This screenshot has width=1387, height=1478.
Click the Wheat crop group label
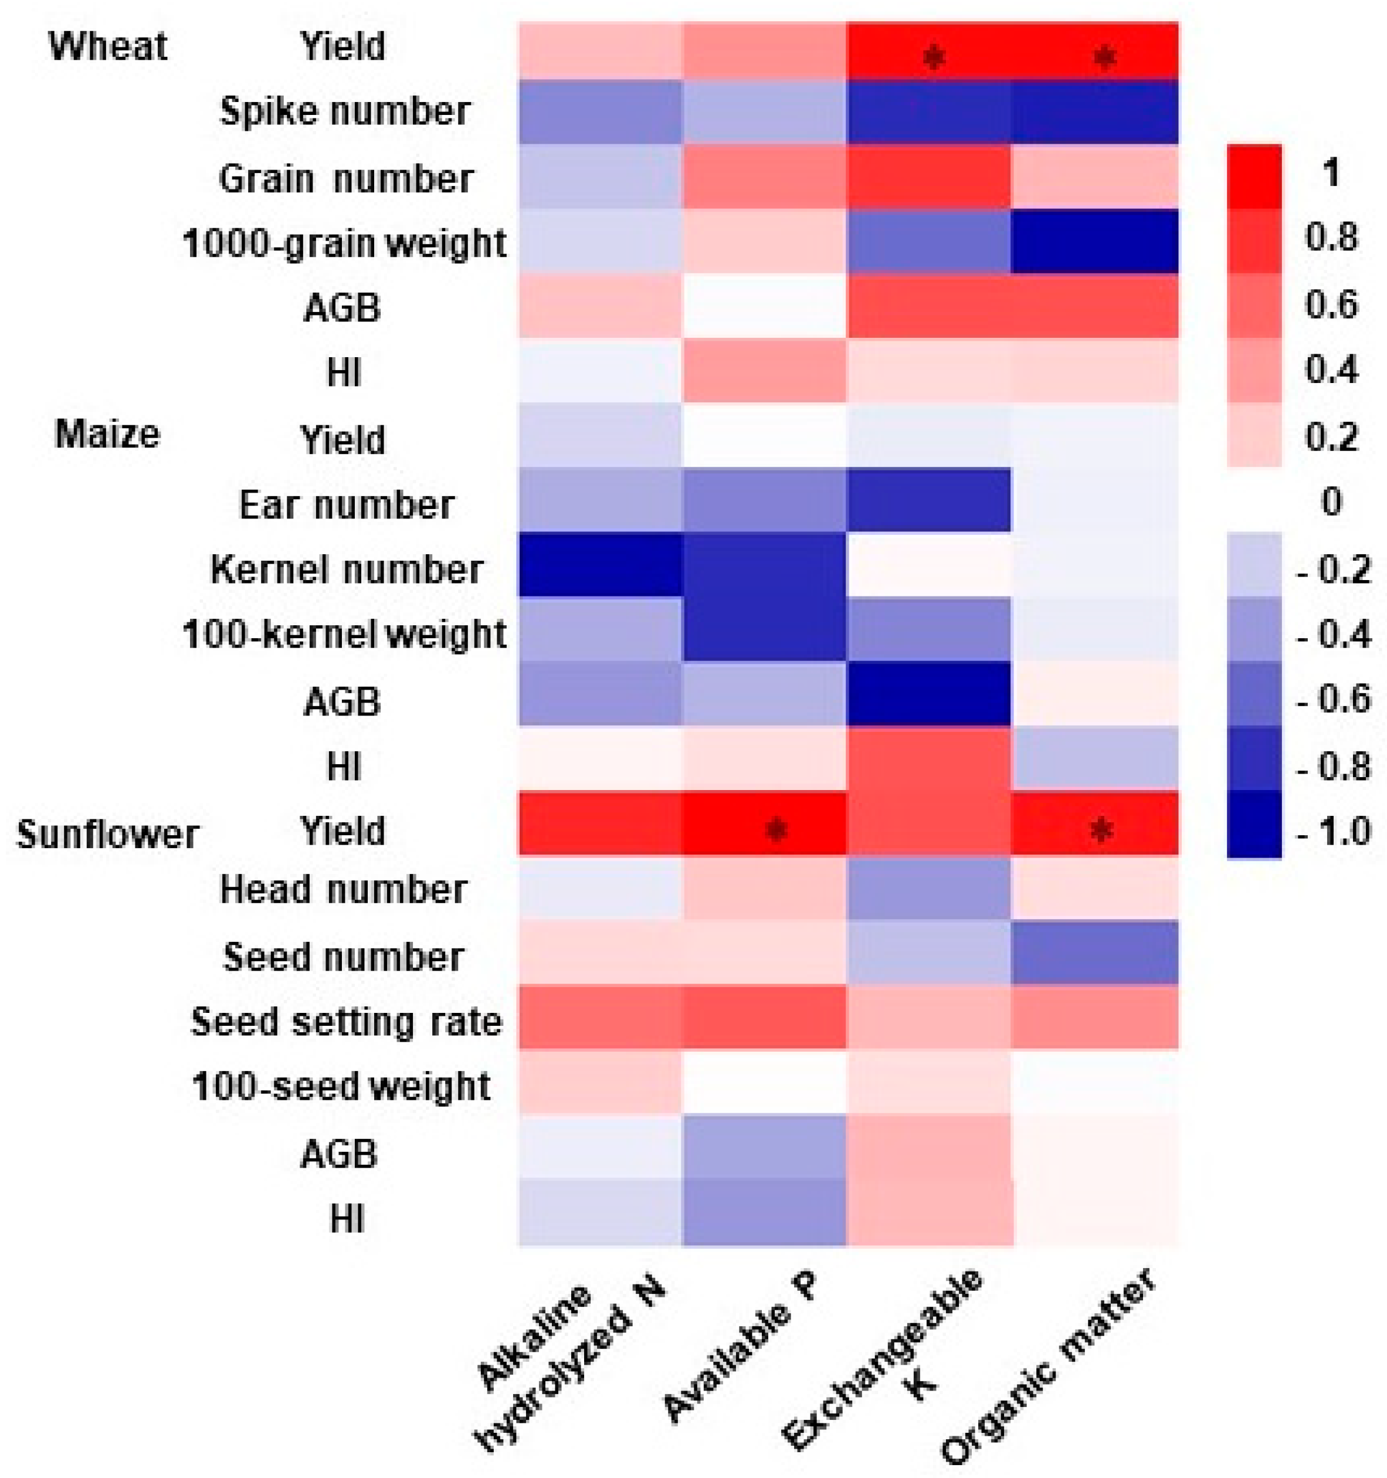108,47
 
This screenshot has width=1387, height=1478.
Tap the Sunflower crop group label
108,834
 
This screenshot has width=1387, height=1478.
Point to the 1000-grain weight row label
345,244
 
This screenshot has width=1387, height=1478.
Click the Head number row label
344,890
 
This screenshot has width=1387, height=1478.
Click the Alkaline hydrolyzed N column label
565,1361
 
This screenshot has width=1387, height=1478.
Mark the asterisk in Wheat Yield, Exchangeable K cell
934,57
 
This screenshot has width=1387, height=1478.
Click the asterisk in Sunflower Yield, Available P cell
776,830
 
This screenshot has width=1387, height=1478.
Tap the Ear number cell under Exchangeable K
928,500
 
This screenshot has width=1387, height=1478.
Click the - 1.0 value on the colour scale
1334,831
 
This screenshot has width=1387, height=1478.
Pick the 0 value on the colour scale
1331,503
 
